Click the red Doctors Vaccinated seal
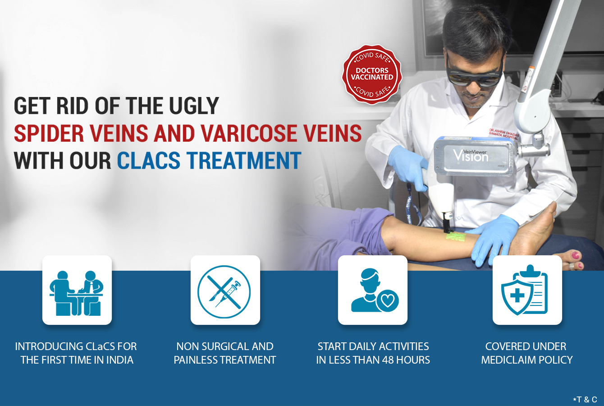click(x=372, y=74)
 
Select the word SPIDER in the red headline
click(x=49, y=133)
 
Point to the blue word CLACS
click(x=149, y=160)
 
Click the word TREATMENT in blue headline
click(x=244, y=160)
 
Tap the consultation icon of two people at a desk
click(x=77, y=293)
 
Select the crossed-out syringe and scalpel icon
click(x=224, y=292)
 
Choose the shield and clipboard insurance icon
click(x=525, y=290)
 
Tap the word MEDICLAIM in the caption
click(x=509, y=360)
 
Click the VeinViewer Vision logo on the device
click(x=471, y=156)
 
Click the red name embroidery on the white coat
click(x=504, y=134)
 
